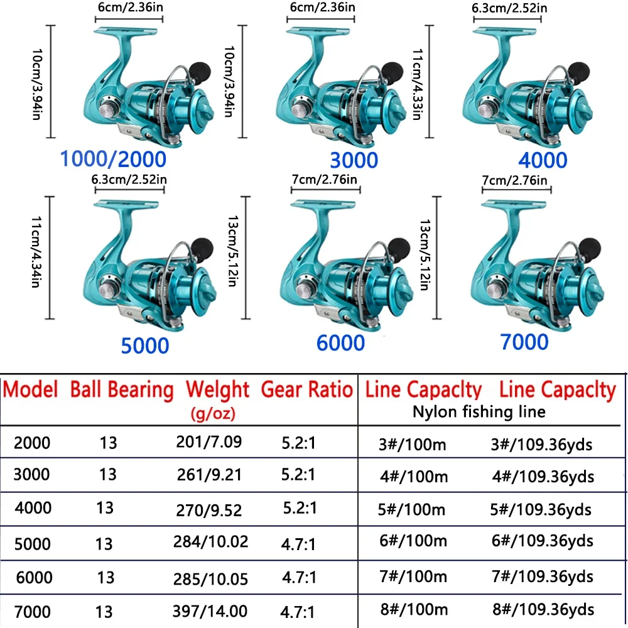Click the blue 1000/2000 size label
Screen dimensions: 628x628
[113, 159]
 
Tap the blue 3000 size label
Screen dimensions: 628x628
[355, 160]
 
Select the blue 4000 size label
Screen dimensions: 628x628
[543, 160]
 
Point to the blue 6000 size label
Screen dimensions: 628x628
[340, 343]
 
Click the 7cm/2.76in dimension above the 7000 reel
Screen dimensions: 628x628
[514, 181]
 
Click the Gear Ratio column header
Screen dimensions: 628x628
[306, 389]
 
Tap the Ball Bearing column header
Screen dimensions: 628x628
[122, 389]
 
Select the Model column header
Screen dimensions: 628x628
[31, 389]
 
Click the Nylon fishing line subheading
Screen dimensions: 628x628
[479, 412]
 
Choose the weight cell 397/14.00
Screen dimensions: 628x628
[210, 610]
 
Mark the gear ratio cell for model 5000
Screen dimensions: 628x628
[298, 541]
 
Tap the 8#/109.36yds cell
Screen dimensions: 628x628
[542, 609]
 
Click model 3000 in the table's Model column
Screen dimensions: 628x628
[32, 474]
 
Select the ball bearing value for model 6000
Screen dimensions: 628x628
[106, 577]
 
